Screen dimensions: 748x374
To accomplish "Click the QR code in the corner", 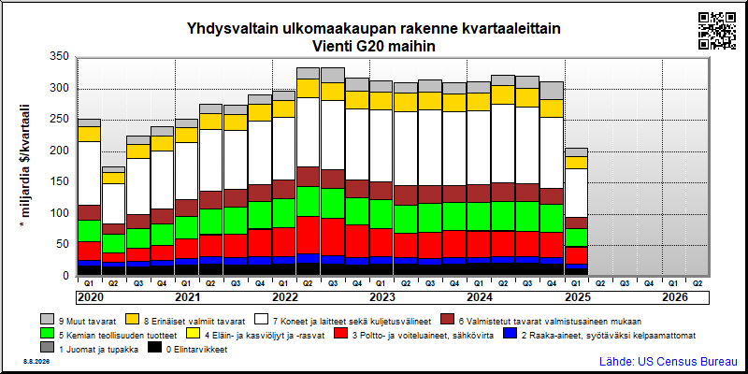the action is (x=717, y=31).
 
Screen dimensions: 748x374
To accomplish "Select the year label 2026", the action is (x=674, y=297).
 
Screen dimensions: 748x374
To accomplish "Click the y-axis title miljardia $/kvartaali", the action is (x=25, y=160).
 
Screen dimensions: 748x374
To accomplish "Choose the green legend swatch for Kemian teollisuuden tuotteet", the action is (x=47, y=335).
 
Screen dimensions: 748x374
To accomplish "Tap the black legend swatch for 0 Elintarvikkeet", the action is (x=154, y=349).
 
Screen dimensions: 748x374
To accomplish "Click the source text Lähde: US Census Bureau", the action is (x=669, y=361).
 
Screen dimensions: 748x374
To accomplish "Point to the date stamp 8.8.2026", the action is (x=36, y=362).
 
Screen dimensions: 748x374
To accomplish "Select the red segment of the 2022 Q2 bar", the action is (x=309, y=236).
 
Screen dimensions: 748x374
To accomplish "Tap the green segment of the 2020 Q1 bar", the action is (x=89, y=231).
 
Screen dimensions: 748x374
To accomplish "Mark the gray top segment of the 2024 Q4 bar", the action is (x=552, y=91).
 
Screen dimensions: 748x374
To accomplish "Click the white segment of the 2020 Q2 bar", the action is (x=113, y=204).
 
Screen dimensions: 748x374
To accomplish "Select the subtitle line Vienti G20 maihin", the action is (x=373, y=47).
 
